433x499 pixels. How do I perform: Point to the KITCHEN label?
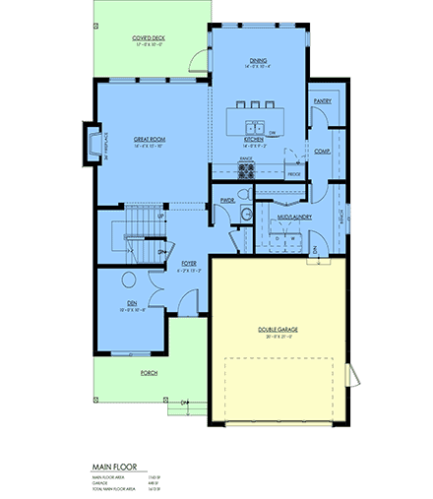(256, 140)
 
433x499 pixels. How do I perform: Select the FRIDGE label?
(293, 174)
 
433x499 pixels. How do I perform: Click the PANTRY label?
(321, 100)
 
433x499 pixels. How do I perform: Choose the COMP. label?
(322, 152)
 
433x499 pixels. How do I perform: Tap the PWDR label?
(226, 200)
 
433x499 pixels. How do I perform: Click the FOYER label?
(190, 264)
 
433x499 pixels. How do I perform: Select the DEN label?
(132, 304)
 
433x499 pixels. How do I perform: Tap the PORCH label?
(150, 373)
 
